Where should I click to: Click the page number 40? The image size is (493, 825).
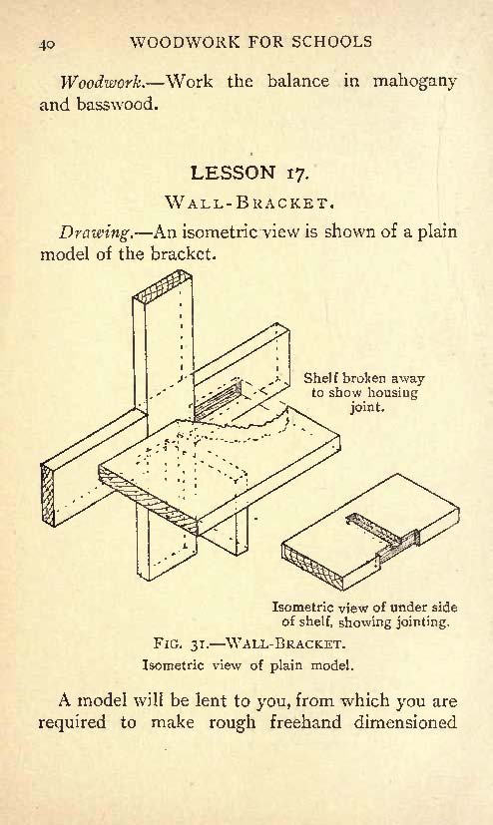click(46, 44)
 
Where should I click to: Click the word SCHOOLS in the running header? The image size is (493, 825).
click(332, 42)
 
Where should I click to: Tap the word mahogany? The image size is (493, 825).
click(414, 83)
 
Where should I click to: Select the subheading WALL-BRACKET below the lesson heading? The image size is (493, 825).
click(249, 203)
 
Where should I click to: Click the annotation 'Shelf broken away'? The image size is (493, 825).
click(363, 378)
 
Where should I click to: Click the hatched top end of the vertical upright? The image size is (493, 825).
click(162, 284)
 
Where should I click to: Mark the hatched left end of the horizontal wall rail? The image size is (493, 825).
click(48, 495)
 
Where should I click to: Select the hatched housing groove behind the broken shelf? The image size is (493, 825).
click(217, 400)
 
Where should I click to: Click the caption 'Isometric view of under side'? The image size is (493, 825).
click(364, 608)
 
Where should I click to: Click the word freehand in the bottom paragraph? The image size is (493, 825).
click(305, 722)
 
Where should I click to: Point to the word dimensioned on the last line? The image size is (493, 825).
click(405, 722)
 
